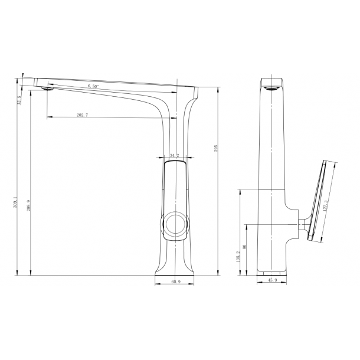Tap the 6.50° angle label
(93, 87)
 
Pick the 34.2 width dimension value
(175, 156)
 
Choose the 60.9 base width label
(175, 282)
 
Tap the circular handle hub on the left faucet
(175, 224)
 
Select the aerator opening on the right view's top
(272, 89)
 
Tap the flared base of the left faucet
(175, 269)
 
